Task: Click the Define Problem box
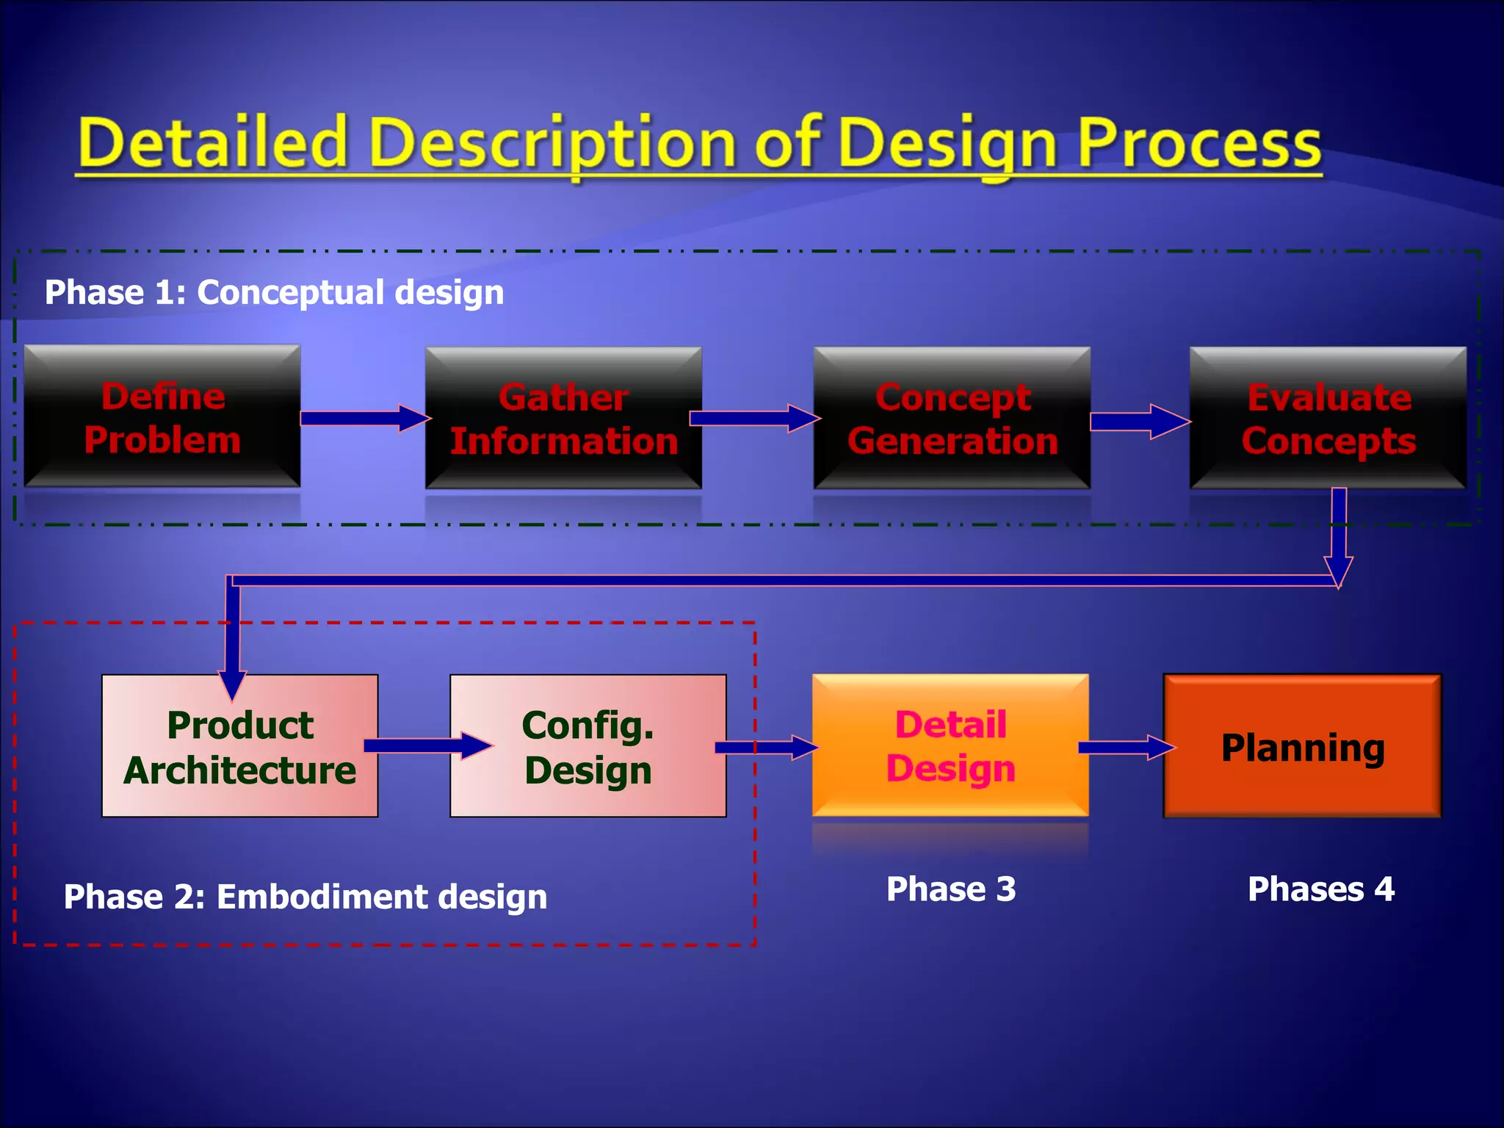(162, 416)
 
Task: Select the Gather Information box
(563, 419)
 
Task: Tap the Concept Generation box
(952, 419)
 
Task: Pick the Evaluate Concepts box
(1328, 419)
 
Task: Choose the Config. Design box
(587, 746)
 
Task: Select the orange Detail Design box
(950, 745)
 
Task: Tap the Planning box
(1302, 746)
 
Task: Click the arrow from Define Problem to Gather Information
(364, 418)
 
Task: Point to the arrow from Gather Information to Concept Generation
(753, 418)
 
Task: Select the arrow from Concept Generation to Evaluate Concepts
(1138, 422)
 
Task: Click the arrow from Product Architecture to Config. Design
(426, 745)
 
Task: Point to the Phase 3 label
(951, 889)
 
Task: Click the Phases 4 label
(1320, 889)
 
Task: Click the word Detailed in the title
(213, 143)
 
